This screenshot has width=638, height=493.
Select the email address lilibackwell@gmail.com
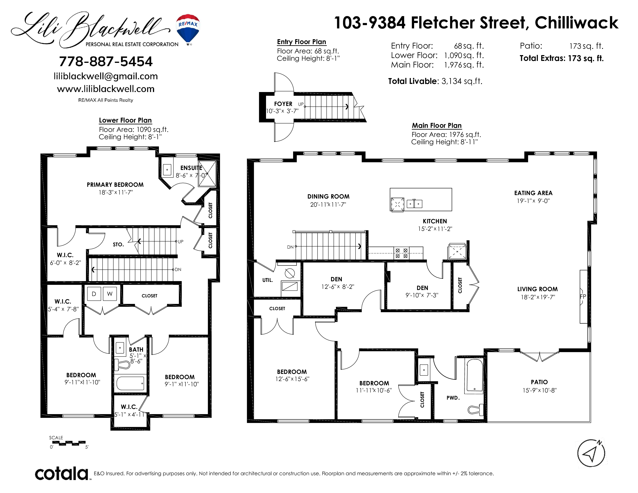[x=106, y=76]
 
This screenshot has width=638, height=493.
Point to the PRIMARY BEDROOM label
[x=115, y=185]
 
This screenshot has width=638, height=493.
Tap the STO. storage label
[x=118, y=244]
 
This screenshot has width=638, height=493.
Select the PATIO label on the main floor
[x=539, y=382]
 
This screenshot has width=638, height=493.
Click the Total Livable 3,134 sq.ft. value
[x=435, y=81]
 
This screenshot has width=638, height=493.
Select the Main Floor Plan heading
[x=437, y=126]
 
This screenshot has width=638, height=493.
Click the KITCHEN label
[x=435, y=221]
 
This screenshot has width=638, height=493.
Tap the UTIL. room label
[x=268, y=280]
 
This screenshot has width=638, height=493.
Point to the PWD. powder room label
[x=453, y=398]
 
